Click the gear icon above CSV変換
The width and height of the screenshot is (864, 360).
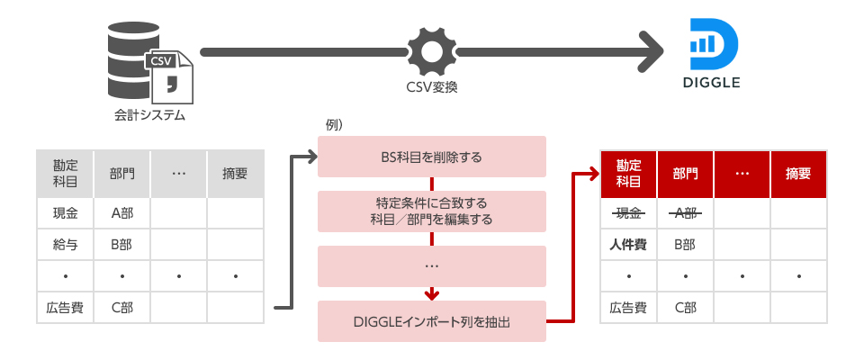[x=431, y=51]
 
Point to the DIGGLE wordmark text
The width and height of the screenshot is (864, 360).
[x=711, y=83]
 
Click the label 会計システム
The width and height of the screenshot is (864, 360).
[x=149, y=114]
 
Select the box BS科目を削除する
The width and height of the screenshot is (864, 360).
[x=432, y=157]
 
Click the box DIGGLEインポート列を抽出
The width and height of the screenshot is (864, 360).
[x=432, y=321]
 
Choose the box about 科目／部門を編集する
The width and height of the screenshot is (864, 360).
[x=432, y=211]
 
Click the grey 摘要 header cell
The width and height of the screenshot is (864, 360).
[x=236, y=173]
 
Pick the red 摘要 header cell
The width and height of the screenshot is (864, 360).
[x=798, y=173]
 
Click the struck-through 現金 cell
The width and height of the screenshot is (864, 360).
[x=628, y=212]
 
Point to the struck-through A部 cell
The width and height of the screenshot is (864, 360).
[x=685, y=212]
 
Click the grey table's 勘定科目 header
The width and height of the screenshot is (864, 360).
[x=65, y=173]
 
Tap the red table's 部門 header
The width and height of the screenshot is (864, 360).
[x=685, y=173]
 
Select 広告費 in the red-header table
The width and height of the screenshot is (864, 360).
[x=628, y=307]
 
